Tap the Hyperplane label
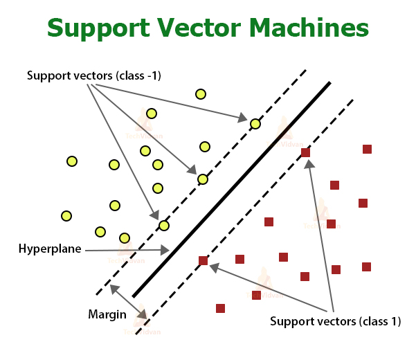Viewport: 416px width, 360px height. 50,249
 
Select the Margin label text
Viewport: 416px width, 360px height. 107,314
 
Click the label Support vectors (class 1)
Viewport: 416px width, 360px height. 335,321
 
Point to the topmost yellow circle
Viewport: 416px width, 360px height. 201,94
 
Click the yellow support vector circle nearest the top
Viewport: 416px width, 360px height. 255,124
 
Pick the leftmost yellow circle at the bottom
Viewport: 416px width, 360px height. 66,216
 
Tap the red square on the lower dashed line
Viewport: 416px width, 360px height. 203,261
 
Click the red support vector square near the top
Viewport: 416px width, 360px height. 305,152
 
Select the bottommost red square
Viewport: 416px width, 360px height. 220,308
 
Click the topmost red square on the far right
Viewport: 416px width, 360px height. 367,149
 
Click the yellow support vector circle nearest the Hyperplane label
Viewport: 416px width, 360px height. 164,226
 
